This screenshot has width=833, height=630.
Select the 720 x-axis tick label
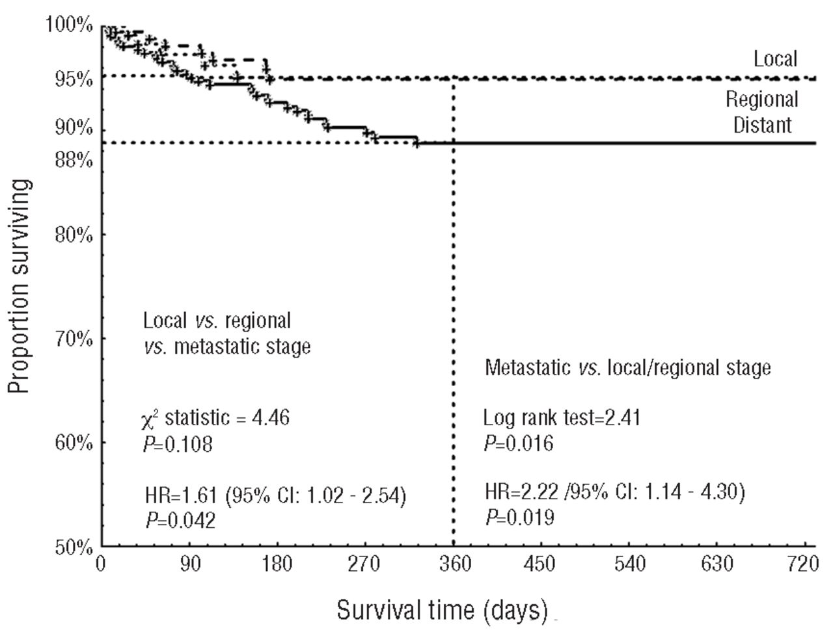[x=800, y=564]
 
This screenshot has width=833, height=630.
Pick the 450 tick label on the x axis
[x=540, y=564]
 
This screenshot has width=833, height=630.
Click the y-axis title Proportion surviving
[x=21, y=286]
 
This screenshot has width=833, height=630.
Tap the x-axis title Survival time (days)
[x=442, y=610]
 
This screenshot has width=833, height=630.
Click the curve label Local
[x=775, y=59]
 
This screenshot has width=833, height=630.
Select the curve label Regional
[x=762, y=99]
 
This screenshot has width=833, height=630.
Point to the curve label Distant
[x=762, y=124]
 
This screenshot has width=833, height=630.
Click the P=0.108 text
[x=177, y=445]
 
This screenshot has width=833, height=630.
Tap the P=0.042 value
[x=180, y=521]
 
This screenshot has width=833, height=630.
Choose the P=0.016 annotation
[x=518, y=443]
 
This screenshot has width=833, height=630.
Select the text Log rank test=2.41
[x=562, y=417]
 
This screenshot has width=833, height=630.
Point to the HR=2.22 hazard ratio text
[x=614, y=492]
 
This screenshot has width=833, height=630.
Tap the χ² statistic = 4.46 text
[x=215, y=418]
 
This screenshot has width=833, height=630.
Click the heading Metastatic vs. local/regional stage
[x=628, y=368]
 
